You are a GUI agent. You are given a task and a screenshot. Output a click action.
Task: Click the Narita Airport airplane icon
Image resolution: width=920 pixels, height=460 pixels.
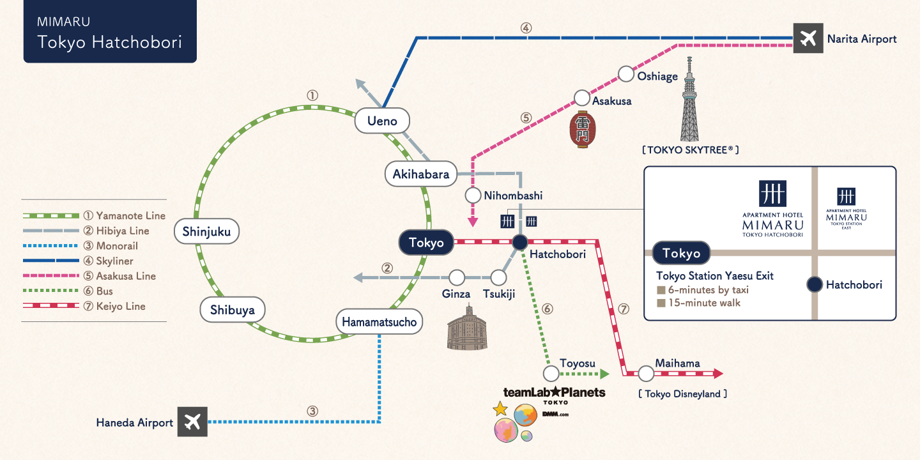coord(808,39)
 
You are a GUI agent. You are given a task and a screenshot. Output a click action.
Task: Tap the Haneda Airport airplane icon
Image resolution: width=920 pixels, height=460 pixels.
coord(192,422)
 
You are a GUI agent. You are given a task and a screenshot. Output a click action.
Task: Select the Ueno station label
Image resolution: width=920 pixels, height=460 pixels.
coord(382,121)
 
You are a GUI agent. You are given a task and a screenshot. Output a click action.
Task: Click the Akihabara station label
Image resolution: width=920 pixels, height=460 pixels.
coord(421,174)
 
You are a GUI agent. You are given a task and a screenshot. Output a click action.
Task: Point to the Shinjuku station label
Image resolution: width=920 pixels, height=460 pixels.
coord(206,232)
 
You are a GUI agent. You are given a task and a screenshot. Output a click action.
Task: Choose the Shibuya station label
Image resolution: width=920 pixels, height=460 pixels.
coord(232,310)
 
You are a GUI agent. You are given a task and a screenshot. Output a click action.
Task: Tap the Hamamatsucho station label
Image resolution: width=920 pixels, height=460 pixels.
coord(379,322)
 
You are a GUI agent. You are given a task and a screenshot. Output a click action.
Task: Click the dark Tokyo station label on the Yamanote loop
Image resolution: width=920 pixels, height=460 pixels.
coord(426,243)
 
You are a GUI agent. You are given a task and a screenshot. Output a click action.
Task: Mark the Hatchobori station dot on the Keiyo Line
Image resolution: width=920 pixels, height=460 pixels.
coord(519,243)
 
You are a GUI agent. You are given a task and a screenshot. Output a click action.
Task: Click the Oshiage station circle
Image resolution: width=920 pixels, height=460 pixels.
coord(626,73)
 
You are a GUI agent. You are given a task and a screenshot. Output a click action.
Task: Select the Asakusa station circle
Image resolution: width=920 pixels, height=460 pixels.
coord(581,98)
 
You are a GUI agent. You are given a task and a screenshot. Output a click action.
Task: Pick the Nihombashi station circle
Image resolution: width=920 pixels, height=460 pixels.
coord(472,195)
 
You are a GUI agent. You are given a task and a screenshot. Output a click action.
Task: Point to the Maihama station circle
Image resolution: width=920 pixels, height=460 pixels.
coord(646,373)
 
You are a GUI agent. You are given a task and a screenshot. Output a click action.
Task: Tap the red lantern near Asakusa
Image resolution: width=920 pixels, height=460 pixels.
coord(581,130)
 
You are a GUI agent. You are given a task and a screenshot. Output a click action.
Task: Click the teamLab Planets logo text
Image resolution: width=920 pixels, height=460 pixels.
coord(554,392)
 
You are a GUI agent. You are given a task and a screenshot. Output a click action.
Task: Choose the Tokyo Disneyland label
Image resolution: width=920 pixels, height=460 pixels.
coord(682,394)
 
